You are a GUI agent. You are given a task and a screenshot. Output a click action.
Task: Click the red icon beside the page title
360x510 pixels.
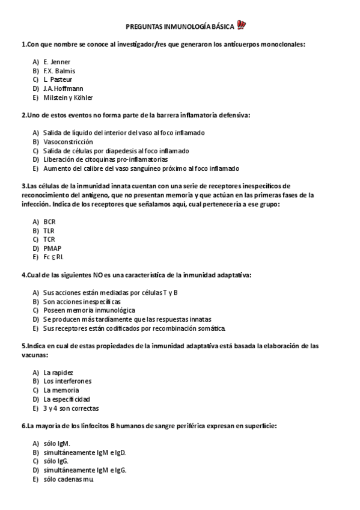point(242,26)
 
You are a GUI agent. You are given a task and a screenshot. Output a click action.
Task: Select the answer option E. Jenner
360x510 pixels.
point(56,62)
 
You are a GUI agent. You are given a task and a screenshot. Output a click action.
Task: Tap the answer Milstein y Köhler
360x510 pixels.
point(68,97)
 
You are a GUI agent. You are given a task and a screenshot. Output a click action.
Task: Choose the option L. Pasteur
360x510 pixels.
point(58,79)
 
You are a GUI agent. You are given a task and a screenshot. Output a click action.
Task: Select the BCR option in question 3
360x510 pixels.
point(49,221)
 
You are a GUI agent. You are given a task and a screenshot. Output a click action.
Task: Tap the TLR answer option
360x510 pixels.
point(49,230)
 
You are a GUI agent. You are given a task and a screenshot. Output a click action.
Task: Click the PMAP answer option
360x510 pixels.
point(52,248)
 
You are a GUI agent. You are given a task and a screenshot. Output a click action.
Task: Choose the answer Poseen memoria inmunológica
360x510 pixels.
point(81,310)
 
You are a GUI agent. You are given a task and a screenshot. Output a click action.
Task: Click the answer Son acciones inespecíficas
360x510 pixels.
point(82,301)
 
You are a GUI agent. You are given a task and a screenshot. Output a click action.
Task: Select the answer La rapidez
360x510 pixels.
point(58,372)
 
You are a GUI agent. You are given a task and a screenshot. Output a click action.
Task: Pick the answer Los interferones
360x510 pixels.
point(67,381)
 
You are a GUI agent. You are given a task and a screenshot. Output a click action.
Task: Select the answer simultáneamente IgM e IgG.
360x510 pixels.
point(85,470)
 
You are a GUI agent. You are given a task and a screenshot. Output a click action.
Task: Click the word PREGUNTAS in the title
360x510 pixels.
point(143,26)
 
